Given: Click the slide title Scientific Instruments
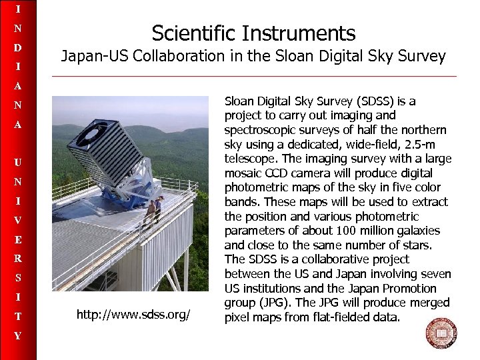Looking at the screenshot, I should (253, 33).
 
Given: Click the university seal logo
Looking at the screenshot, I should (441, 333).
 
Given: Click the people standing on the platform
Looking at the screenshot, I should (154, 211).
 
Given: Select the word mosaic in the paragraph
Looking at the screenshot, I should (243, 173).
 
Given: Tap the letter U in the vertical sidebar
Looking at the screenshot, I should (18, 162).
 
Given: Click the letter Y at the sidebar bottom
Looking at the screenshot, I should (18, 336).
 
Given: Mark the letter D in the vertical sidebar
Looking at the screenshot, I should (18, 48).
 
